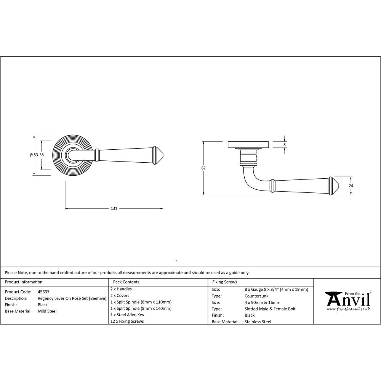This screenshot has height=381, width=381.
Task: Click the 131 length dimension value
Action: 114,208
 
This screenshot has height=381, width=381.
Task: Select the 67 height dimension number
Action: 203,168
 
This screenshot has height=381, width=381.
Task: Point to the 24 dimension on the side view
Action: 351,186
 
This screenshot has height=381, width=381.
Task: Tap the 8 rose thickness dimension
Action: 285,145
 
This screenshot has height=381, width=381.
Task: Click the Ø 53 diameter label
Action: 34,155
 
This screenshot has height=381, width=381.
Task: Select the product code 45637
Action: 43,292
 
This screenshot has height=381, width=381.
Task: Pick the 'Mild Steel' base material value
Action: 47,311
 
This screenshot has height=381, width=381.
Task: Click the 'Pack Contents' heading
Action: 126,282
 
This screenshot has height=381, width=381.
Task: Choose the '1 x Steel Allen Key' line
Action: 128,315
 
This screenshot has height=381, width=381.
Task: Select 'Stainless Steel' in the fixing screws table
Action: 258,322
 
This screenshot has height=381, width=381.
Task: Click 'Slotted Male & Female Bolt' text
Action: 270,309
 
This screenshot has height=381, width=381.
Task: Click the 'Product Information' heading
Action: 24,282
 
